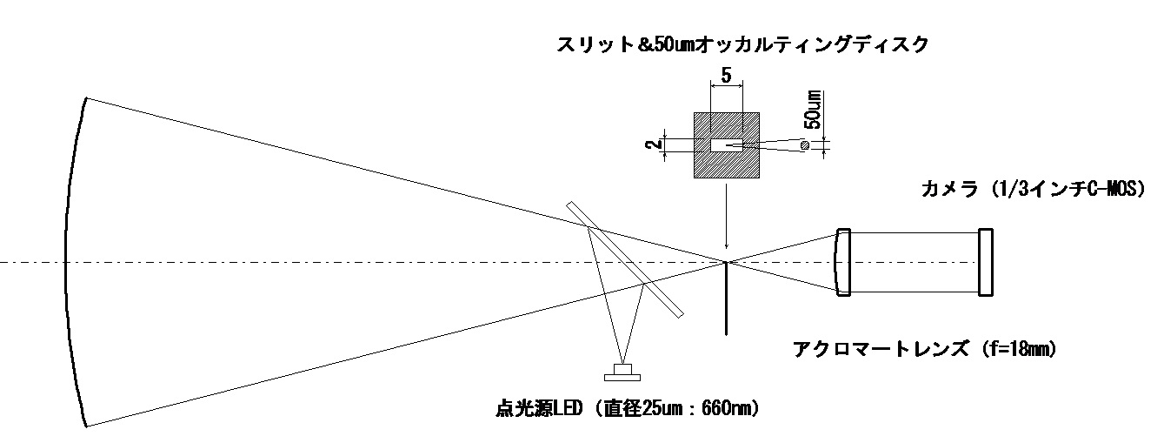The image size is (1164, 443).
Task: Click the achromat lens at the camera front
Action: point(841,261)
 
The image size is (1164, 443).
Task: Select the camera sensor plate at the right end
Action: point(985,261)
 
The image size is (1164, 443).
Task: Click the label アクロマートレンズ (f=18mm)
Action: point(923,350)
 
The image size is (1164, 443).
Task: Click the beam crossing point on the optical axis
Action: point(726,262)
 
